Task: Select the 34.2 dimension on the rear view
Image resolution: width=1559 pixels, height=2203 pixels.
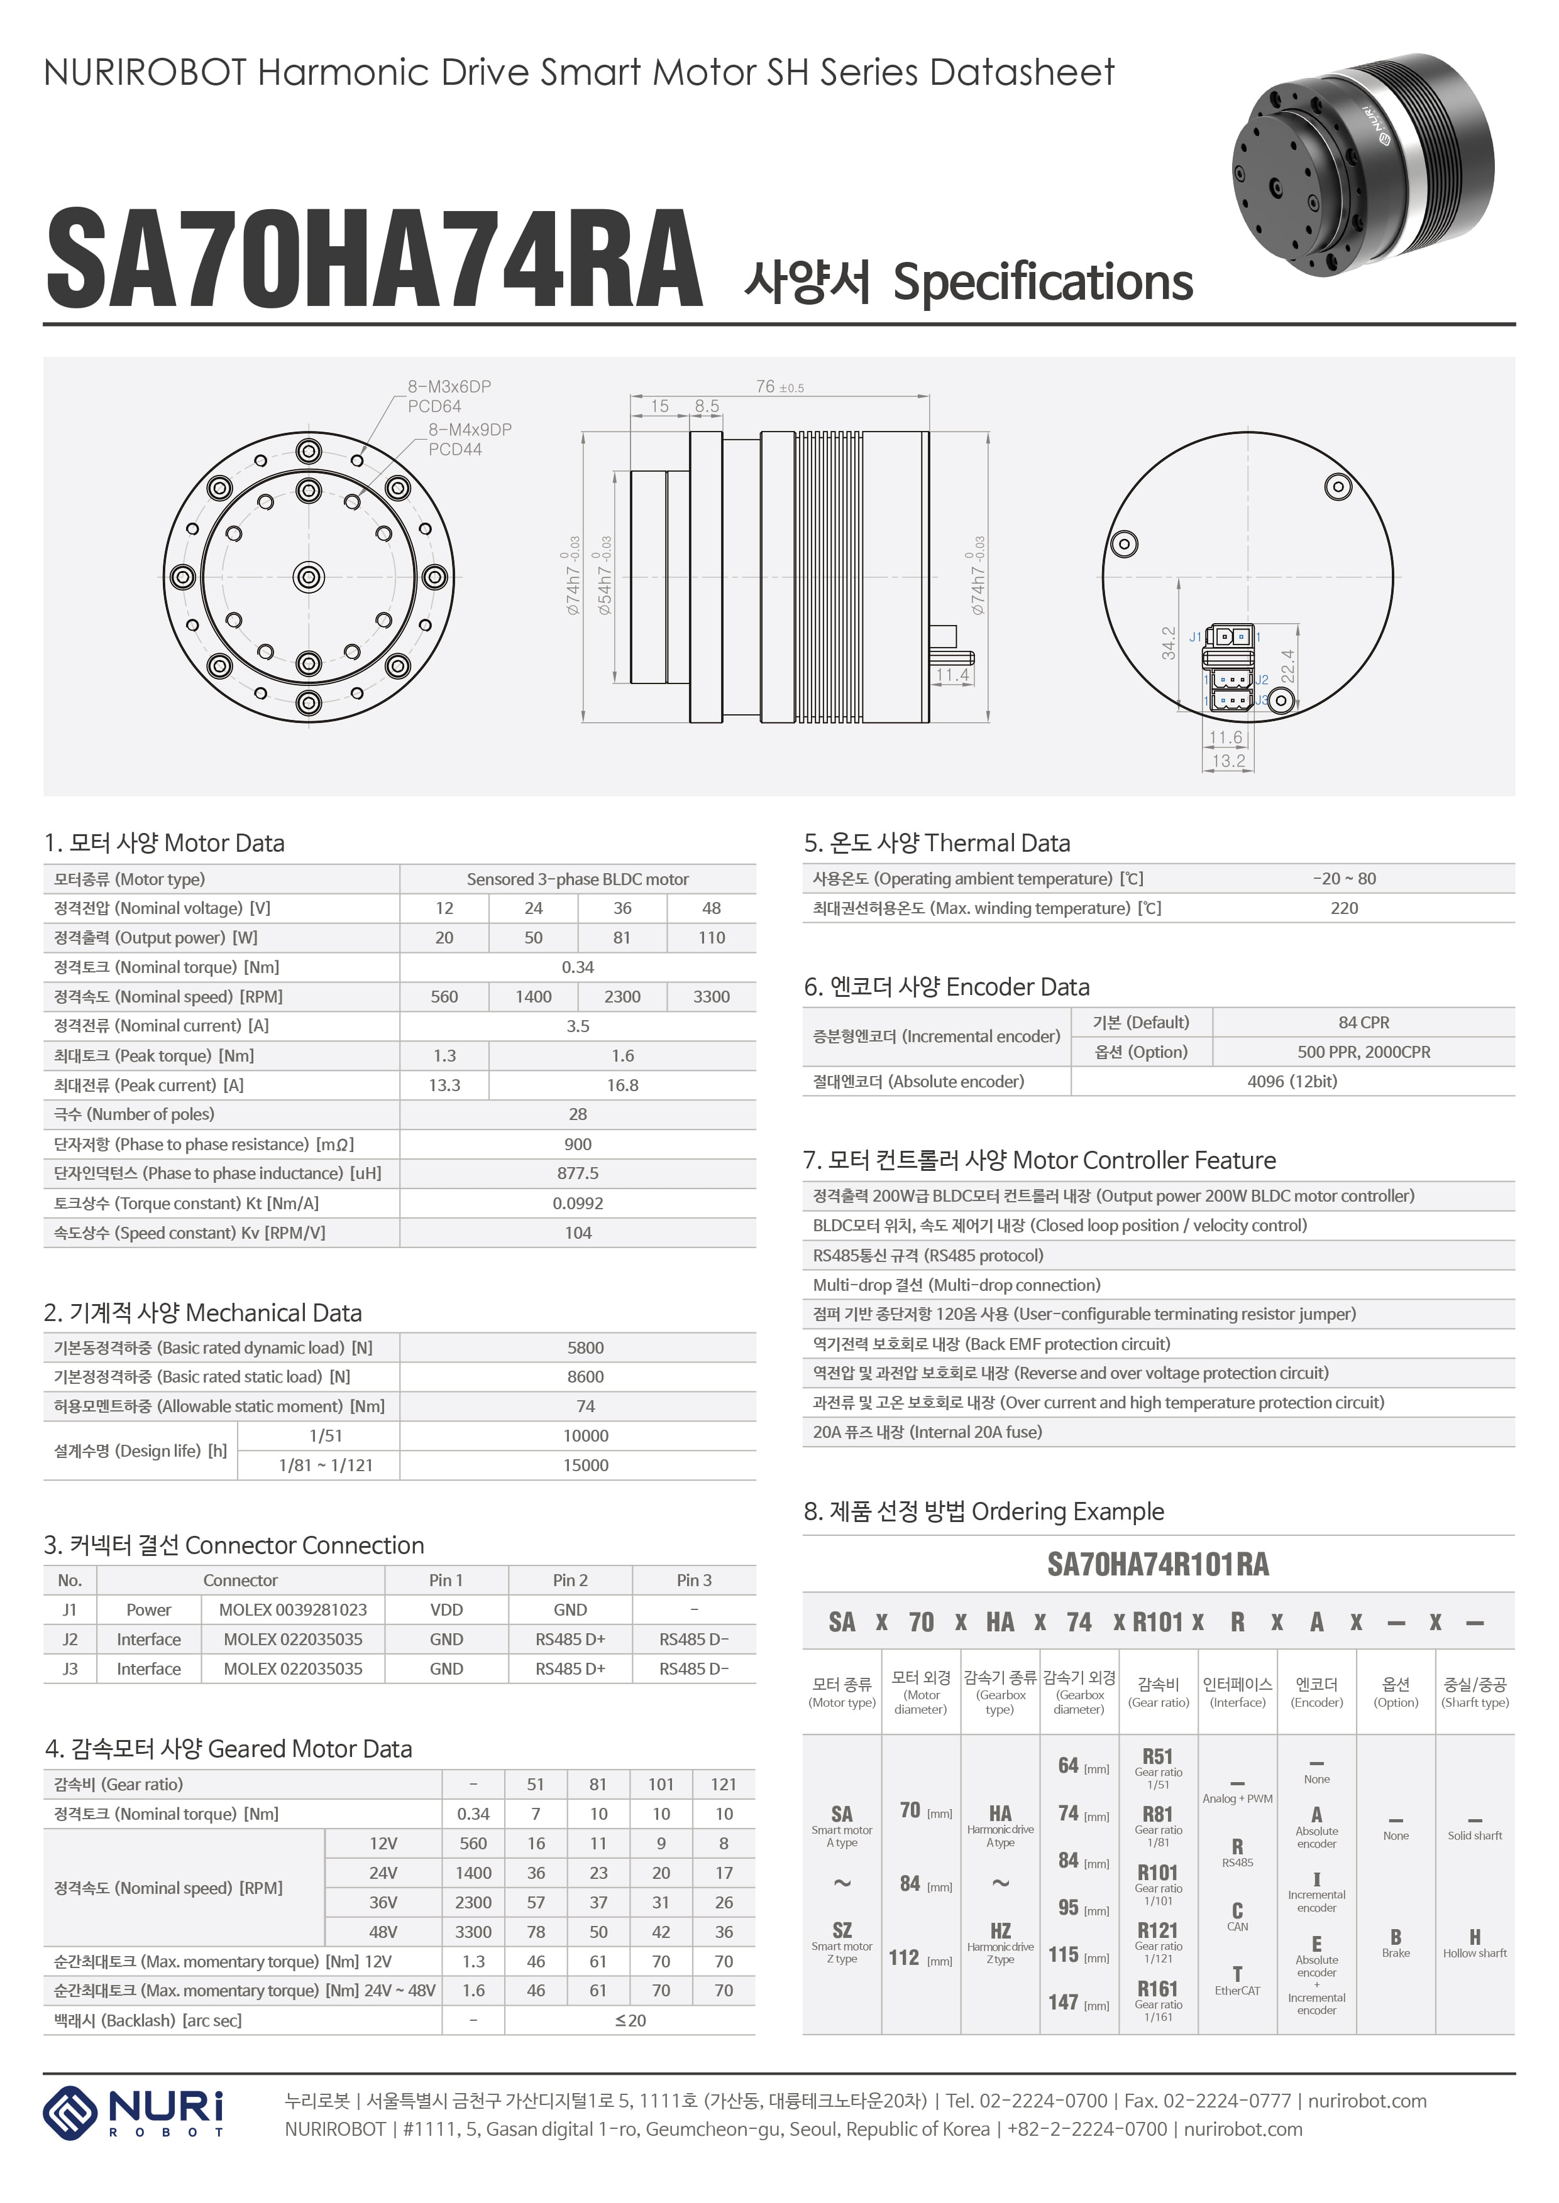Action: point(1168,643)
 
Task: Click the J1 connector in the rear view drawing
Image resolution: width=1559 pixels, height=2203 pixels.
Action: point(1231,636)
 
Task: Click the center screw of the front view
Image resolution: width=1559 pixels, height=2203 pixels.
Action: point(308,577)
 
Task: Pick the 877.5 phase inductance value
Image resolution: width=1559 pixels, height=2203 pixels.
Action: point(578,1173)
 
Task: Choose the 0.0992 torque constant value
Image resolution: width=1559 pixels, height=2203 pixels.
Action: point(578,1203)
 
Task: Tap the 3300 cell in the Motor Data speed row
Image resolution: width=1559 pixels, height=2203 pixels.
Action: point(712,997)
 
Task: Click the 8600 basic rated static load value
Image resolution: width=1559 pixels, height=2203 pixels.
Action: point(586,1377)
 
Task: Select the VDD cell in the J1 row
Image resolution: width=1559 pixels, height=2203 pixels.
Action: point(446,1610)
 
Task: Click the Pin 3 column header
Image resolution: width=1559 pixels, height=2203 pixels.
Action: point(694,1580)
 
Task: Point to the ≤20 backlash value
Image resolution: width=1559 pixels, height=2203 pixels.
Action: point(630,2021)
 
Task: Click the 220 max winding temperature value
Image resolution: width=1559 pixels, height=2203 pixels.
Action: point(1344,908)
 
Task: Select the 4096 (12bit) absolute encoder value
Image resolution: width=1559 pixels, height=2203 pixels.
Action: point(1292,1081)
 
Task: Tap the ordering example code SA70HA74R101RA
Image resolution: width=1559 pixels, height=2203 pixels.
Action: point(1158,1565)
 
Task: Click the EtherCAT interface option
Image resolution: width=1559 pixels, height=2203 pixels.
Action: point(1237,1981)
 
